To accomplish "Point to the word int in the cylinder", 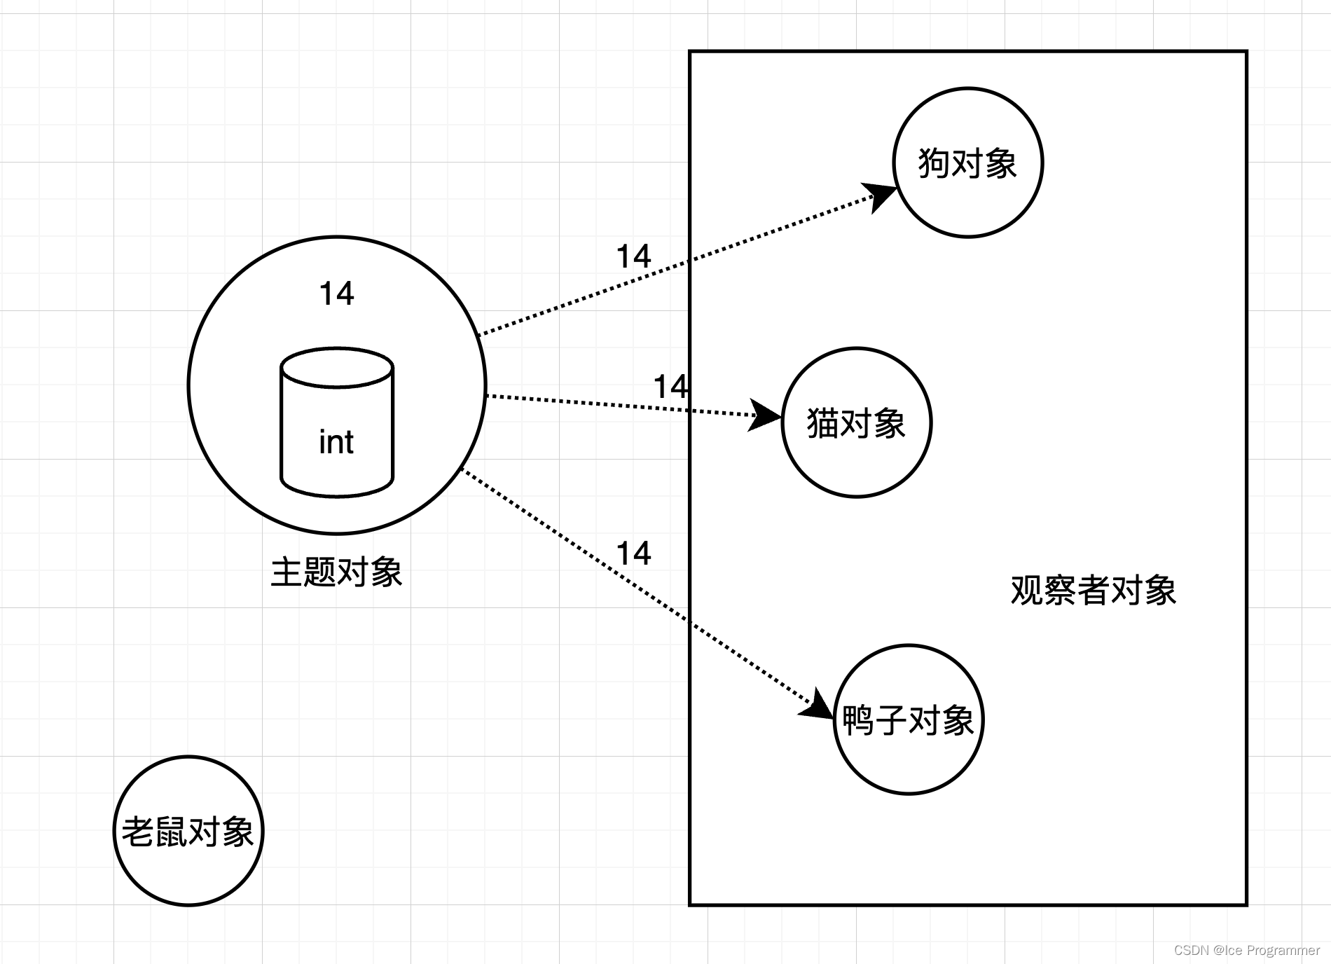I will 336,443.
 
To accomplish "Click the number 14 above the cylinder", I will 336,294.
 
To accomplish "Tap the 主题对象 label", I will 336,572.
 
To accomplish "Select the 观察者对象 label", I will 1093,590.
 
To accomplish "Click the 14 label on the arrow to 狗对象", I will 633,256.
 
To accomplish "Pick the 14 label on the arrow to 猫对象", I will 670,387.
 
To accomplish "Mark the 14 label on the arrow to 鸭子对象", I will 633,553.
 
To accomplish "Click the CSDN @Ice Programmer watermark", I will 1246,950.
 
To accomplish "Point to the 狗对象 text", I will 967,163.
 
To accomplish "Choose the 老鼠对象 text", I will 188,832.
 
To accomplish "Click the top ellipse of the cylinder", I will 337,367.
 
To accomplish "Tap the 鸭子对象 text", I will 909,720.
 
